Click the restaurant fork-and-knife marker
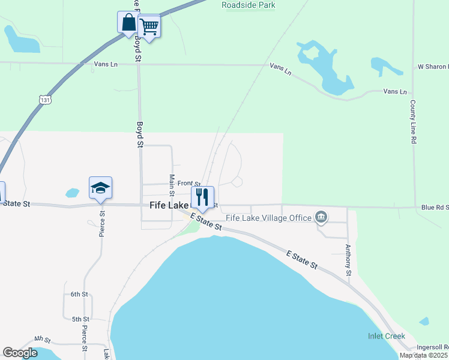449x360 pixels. click(x=202, y=197)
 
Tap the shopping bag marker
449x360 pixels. click(x=128, y=23)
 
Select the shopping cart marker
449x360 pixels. click(x=148, y=26)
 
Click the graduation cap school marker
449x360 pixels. click(x=100, y=188)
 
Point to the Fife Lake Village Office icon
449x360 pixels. click(x=321, y=217)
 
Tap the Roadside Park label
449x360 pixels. click(x=249, y=5)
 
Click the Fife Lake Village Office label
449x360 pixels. click(x=268, y=218)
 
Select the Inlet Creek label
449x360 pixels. click(x=387, y=336)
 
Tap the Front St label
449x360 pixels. click(x=188, y=184)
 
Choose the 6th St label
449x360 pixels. click(x=79, y=295)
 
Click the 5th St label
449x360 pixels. click(x=80, y=319)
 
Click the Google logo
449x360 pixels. click(x=20, y=352)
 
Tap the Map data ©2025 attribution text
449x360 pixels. click(x=424, y=355)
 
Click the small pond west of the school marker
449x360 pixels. click(x=72, y=193)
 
